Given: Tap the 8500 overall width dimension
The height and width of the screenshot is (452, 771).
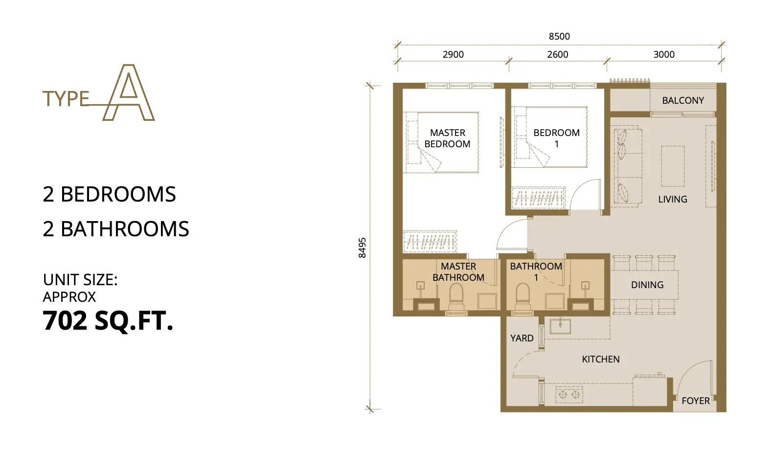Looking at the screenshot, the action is click(559, 37).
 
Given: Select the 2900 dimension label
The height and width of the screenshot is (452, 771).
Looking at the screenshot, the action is click(453, 54).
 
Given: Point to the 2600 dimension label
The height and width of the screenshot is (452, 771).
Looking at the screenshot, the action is click(558, 54).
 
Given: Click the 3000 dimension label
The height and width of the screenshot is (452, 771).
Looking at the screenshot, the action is click(664, 54).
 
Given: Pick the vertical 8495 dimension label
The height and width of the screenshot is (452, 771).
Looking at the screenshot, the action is click(362, 248).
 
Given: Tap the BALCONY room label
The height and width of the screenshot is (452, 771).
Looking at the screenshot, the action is click(683, 100).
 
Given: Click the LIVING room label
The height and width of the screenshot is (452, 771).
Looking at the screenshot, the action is click(673, 199).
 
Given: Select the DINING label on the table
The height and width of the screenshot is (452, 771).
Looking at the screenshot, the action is click(647, 285).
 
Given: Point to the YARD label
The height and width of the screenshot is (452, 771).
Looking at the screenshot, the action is click(522, 339).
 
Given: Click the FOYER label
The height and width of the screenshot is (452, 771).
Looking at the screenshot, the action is click(696, 401).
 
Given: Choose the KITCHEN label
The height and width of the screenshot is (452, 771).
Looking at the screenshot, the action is click(601, 360).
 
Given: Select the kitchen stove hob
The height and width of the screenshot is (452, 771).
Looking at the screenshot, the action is click(569, 395).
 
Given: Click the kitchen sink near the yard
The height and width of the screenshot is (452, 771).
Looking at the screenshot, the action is click(560, 326).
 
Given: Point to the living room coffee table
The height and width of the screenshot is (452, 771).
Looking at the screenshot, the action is click(673, 166).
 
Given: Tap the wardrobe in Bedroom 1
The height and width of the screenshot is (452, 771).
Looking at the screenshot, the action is click(538, 198).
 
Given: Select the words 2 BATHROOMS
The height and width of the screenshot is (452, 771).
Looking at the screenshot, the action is click(116, 229).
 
